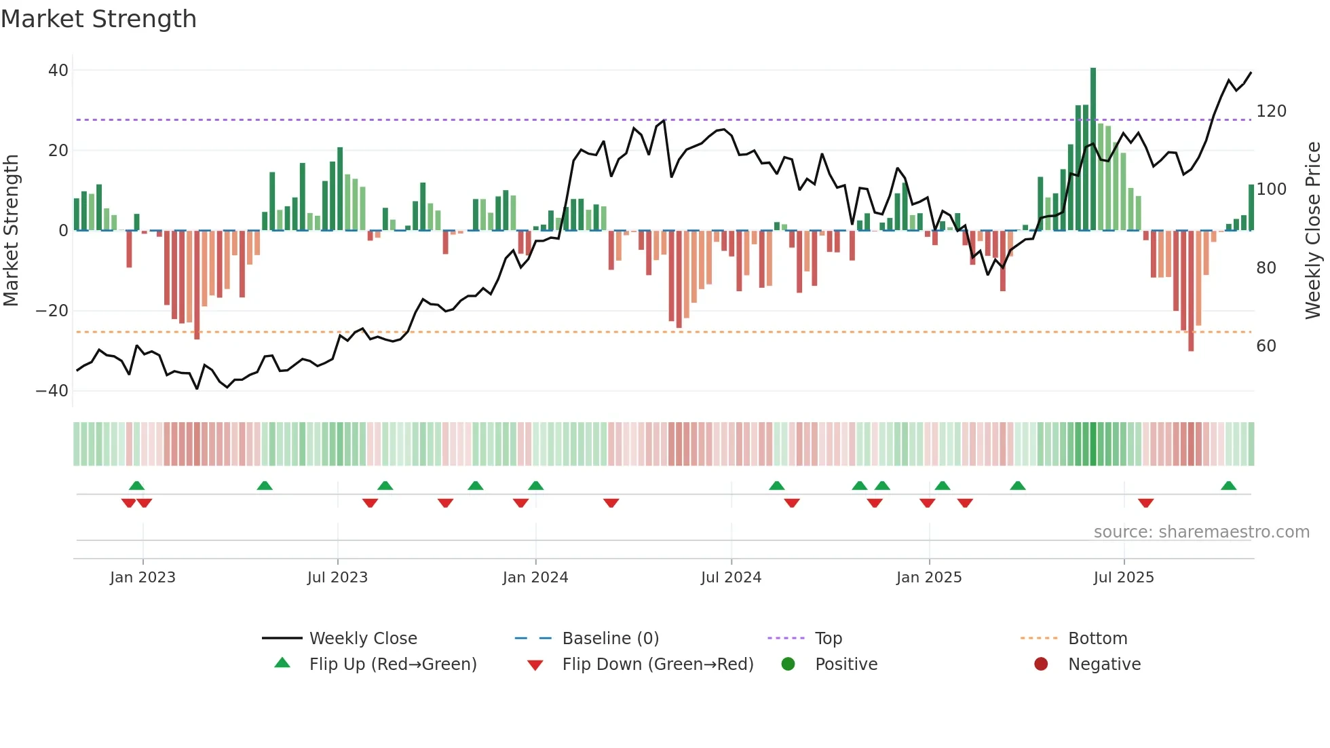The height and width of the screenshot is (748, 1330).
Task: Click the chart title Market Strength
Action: (x=98, y=19)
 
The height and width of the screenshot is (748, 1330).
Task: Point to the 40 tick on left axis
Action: (x=58, y=71)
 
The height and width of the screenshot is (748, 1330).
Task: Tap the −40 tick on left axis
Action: (x=52, y=391)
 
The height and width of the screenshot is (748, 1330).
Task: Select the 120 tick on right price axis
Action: (x=1271, y=111)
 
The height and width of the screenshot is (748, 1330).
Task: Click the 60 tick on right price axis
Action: (x=1266, y=346)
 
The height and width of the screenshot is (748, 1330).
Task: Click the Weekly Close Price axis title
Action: (x=1313, y=231)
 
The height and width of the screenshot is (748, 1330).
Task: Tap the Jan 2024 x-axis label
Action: (x=535, y=578)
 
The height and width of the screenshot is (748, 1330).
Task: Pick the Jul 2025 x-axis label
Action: (x=1124, y=578)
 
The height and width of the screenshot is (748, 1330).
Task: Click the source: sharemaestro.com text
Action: (x=1201, y=532)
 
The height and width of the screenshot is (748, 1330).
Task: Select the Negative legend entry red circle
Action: (x=1041, y=665)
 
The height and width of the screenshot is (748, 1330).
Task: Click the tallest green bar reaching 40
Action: (x=1093, y=149)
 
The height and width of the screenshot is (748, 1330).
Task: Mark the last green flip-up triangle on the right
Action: (x=1228, y=486)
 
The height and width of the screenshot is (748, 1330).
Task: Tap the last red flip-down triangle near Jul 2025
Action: (x=1146, y=503)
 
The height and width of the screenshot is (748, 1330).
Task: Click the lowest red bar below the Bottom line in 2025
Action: (x=1191, y=292)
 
